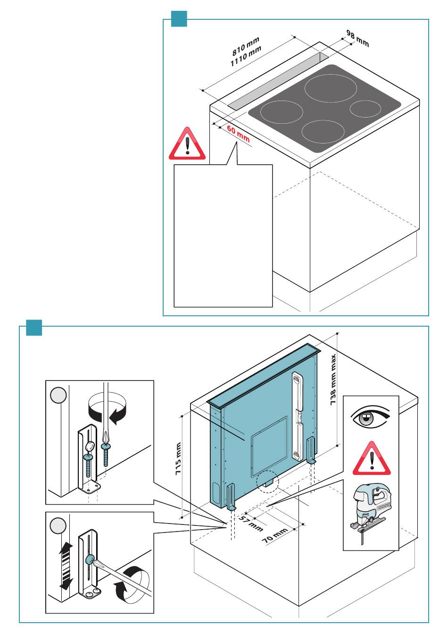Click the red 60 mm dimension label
pyautogui.click(x=238, y=134)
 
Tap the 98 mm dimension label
pyautogui.click(x=357, y=38)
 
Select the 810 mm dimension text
pyautogui.click(x=246, y=45)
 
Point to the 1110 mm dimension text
pyautogui.click(x=246, y=56)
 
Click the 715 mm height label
pyautogui.click(x=178, y=459)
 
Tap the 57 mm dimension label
pyautogui.click(x=250, y=524)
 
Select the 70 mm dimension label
pyautogui.click(x=275, y=536)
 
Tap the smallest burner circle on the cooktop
pyautogui.click(x=365, y=109)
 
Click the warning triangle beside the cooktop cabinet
pyautogui.click(x=187, y=144)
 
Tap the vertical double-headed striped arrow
pyautogui.click(x=66, y=566)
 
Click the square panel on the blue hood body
pyautogui.click(x=269, y=446)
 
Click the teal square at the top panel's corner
pyautogui.click(x=179, y=19)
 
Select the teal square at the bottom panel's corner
pyautogui.click(x=34, y=328)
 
